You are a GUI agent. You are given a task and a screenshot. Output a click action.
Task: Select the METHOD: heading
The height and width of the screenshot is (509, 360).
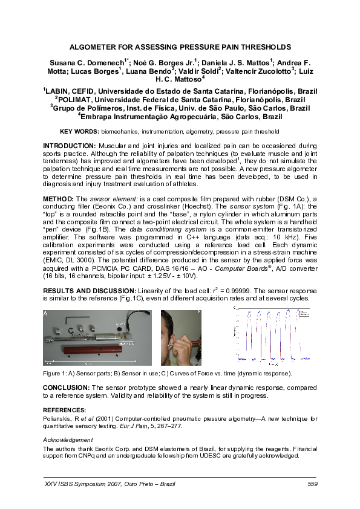(58, 198)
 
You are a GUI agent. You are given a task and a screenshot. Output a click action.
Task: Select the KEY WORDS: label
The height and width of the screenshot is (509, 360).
(79, 131)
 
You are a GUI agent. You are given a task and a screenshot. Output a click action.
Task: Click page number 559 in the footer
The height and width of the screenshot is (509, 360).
(312, 484)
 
